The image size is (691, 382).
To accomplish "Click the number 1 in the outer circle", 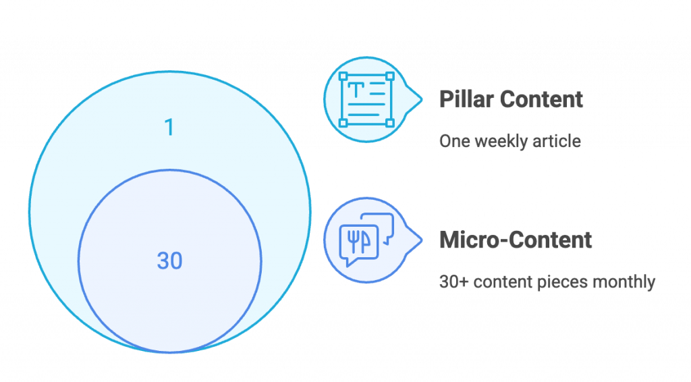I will (169, 127).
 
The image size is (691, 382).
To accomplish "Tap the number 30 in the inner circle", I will (169, 261).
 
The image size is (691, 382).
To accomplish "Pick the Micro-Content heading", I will (516, 240).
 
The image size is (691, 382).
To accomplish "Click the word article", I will (557, 142).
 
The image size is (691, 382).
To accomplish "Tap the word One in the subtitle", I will (453, 142).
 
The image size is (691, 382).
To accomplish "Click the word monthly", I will (624, 282).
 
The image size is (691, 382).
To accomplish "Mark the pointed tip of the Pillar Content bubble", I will (422, 100).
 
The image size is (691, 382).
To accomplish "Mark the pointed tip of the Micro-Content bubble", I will (422, 240).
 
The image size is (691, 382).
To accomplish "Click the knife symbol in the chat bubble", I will (365, 241).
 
